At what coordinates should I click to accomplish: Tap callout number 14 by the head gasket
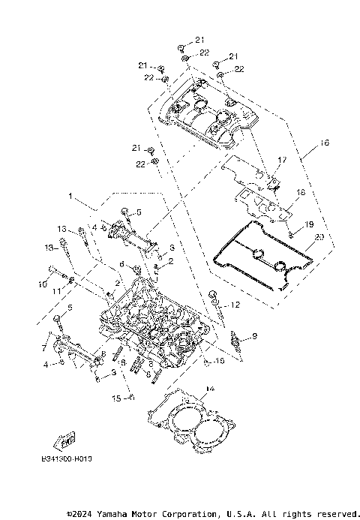coord(209,388)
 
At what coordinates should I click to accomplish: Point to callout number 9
coord(254,336)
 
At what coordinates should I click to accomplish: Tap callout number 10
coord(43,284)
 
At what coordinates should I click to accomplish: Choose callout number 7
coord(45,348)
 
